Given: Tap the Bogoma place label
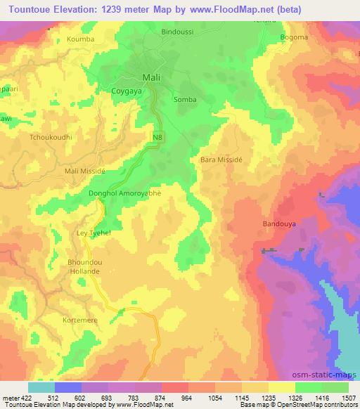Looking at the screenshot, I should pos(293,37).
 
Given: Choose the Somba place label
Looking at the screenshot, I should pos(186,100).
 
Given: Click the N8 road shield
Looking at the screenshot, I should pos(159,136).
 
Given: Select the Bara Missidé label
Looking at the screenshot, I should pos(221,160).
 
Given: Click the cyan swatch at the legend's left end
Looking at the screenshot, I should pos(41,387).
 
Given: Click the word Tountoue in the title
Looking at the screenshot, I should pos(33,10).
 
